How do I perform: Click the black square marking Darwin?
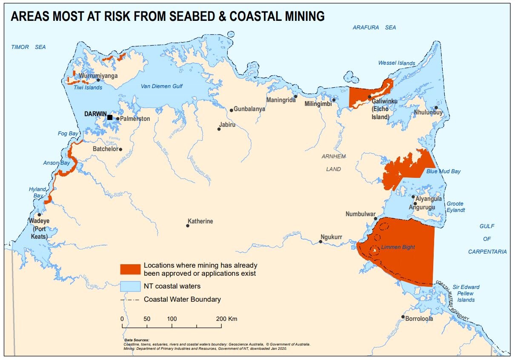tap(110, 117)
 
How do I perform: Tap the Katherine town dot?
tap(188, 226)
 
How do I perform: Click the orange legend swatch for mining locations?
tap(130, 269)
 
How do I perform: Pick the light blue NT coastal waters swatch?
tap(130, 286)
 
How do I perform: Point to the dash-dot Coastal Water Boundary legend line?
tap(130, 300)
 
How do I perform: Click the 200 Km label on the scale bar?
tap(226, 319)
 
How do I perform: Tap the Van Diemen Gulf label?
tap(161, 86)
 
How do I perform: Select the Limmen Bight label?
tap(398, 247)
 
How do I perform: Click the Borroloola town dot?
tap(403, 317)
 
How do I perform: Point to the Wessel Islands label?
tap(396, 63)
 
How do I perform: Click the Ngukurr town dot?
tap(320, 242)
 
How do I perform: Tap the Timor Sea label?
tap(29, 47)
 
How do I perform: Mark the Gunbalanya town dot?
tap(231, 110)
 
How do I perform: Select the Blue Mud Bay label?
tap(443, 171)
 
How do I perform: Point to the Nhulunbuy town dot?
tap(436, 108)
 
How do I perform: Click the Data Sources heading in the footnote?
tap(137, 340)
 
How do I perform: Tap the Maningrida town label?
tap(280, 100)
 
